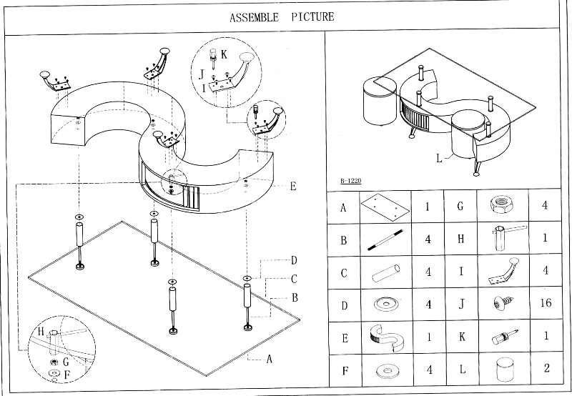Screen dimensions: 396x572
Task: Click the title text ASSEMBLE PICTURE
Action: (282, 16)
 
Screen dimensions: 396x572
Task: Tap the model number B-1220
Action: (350, 182)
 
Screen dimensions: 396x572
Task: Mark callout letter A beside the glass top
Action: (270, 360)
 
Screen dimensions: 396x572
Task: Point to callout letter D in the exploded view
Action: (293, 260)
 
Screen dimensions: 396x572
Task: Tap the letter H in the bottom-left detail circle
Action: (42, 331)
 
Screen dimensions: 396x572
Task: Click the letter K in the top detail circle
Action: (224, 54)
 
